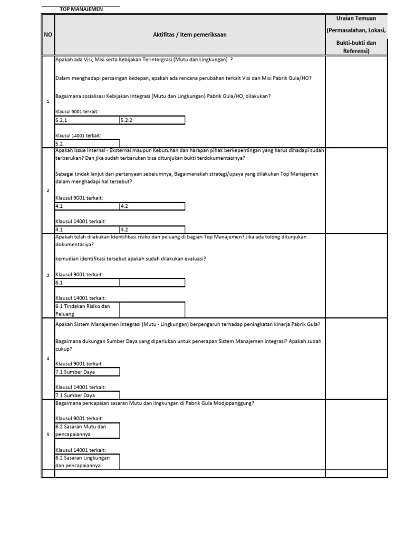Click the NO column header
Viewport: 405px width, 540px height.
(x=47, y=35)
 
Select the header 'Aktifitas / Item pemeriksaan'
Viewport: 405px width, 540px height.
(x=190, y=35)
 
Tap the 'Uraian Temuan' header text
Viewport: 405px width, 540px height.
(x=356, y=18)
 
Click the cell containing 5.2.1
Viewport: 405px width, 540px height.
(x=87, y=120)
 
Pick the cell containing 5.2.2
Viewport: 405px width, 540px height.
(x=152, y=120)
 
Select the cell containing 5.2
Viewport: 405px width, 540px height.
(x=87, y=143)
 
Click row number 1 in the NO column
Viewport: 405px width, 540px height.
(x=47, y=101)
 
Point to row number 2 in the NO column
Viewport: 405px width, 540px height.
(x=47, y=190)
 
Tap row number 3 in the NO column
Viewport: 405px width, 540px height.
(x=47, y=275)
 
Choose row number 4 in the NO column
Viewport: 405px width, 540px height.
(x=47, y=359)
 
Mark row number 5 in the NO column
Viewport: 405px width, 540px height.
(x=47, y=435)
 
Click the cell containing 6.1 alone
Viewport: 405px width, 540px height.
(x=87, y=283)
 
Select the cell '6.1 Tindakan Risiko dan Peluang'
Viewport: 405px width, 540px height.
(x=87, y=310)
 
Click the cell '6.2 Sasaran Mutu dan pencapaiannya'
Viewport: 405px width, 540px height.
(x=87, y=430)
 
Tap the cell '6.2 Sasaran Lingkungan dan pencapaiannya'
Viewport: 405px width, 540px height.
(x=87, y=461)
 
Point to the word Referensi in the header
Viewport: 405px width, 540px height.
(x=356, y=51)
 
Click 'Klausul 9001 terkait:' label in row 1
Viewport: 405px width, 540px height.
(x=77, y=112)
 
